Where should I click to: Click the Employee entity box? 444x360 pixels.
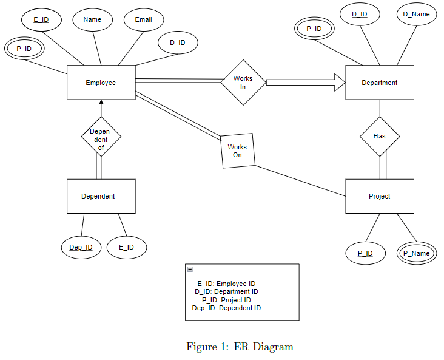coord(101,83)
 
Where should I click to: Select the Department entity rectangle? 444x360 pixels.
coord(380,83)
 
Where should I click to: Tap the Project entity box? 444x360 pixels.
coord(380,196)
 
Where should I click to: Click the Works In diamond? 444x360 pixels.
coord(243,83)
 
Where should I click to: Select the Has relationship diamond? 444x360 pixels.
coord(380,137)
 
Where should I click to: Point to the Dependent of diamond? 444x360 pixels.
coord(101,137)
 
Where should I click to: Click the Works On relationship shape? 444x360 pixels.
coord(238,151)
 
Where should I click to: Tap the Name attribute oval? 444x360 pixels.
coord(93,19)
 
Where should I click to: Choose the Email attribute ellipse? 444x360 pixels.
coord(144,19)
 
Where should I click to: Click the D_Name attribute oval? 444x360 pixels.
coord(416,14)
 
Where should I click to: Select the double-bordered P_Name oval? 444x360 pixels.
coord(416,253)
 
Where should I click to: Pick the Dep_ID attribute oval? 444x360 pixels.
coord(81,247)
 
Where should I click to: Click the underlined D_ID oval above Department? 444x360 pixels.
coord(360,14)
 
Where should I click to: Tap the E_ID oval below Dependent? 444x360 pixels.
coord(127,247)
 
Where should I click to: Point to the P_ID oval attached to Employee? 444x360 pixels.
coord(24,49)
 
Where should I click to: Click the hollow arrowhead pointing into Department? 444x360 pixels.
coord(340,83)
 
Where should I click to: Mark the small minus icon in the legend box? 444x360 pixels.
coord(190,270)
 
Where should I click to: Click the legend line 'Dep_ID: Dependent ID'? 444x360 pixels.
coord(226,308)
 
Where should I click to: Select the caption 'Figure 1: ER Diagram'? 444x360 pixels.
coord(240,347)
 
